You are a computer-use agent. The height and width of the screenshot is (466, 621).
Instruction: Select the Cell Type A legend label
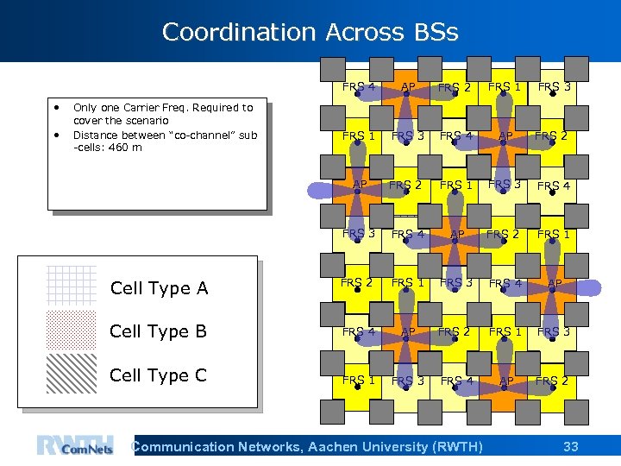pyautogui.click(x=159, y=288)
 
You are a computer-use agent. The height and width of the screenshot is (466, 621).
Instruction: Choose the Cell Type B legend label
pyautogui.click(x=159, y=331)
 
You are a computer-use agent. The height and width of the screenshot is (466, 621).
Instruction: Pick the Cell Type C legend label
pyautogui.click(x=159, y=375)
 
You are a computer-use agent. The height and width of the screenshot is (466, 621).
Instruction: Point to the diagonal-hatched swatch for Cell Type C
pyautogui.click(x=71, y=374)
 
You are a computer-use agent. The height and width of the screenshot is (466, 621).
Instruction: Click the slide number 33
pyautogui.click(x=570, y=446)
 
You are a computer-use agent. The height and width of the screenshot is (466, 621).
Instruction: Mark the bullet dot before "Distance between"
pyautogui.click(x=57, y=135)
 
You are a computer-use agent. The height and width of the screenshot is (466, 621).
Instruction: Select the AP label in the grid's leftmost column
pyautogui.click(x=360, y=184)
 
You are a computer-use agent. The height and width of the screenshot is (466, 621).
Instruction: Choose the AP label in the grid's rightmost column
pyautogui.click(x=555, y=283)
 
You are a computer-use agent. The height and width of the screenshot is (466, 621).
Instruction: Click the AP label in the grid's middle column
pyautogui.click(x=457, y=234)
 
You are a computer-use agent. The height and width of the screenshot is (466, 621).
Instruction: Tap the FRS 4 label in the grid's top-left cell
pyautogui.click(x=358, y=86)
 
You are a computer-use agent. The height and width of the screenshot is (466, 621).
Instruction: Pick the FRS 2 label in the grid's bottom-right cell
pyautogui.click(x=552, y=381)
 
